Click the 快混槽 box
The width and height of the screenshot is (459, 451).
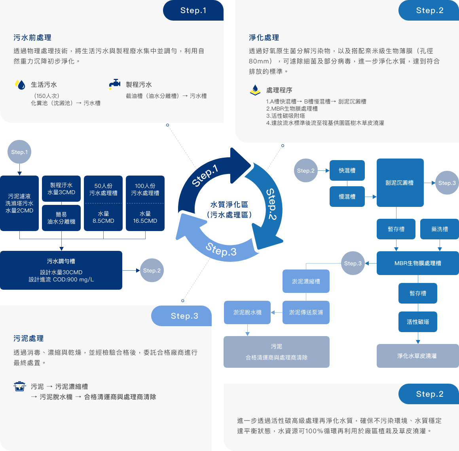347,170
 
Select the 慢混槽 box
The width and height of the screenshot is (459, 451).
347,197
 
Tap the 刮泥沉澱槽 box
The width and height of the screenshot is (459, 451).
400,183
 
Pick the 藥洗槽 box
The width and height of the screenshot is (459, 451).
439,229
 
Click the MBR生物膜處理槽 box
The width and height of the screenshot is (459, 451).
417,263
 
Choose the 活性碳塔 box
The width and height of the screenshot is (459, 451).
417,322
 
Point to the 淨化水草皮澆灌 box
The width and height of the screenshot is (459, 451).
417,356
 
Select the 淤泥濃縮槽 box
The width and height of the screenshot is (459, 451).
306,281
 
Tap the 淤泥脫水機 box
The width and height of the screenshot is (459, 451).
247,312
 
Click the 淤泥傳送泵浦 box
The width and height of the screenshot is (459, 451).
306,312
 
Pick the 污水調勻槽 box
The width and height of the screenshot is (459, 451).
61,270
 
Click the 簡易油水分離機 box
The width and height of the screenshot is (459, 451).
61,218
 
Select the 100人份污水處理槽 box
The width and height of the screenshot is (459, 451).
145,203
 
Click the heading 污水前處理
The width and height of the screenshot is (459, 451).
32,38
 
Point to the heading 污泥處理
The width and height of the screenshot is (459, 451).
28,338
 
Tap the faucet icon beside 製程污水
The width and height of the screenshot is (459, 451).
115,84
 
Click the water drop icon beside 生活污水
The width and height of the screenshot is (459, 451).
20,84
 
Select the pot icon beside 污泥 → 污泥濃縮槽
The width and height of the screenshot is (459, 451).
20,386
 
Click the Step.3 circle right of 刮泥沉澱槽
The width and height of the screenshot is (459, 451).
447,183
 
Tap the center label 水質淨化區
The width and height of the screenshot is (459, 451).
229,204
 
